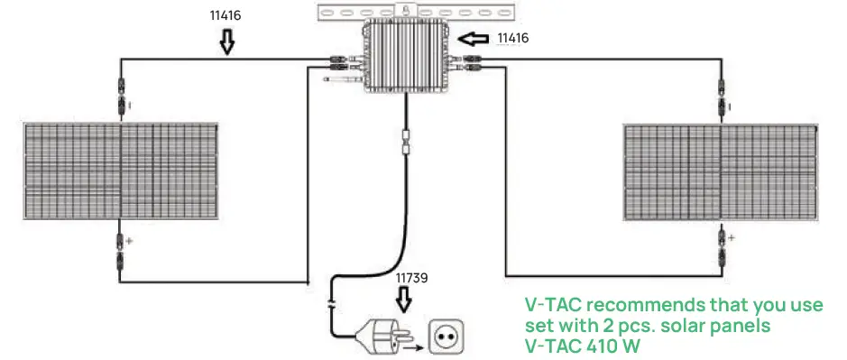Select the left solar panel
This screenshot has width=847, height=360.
coord(120,169)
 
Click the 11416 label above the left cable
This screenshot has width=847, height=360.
coord(225,15)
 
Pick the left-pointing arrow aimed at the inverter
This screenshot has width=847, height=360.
coord(473,39)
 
